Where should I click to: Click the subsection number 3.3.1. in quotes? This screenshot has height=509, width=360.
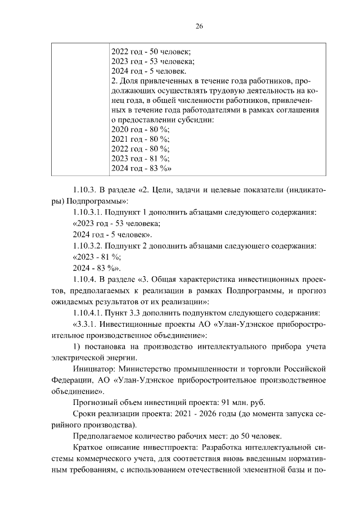[89, 324]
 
